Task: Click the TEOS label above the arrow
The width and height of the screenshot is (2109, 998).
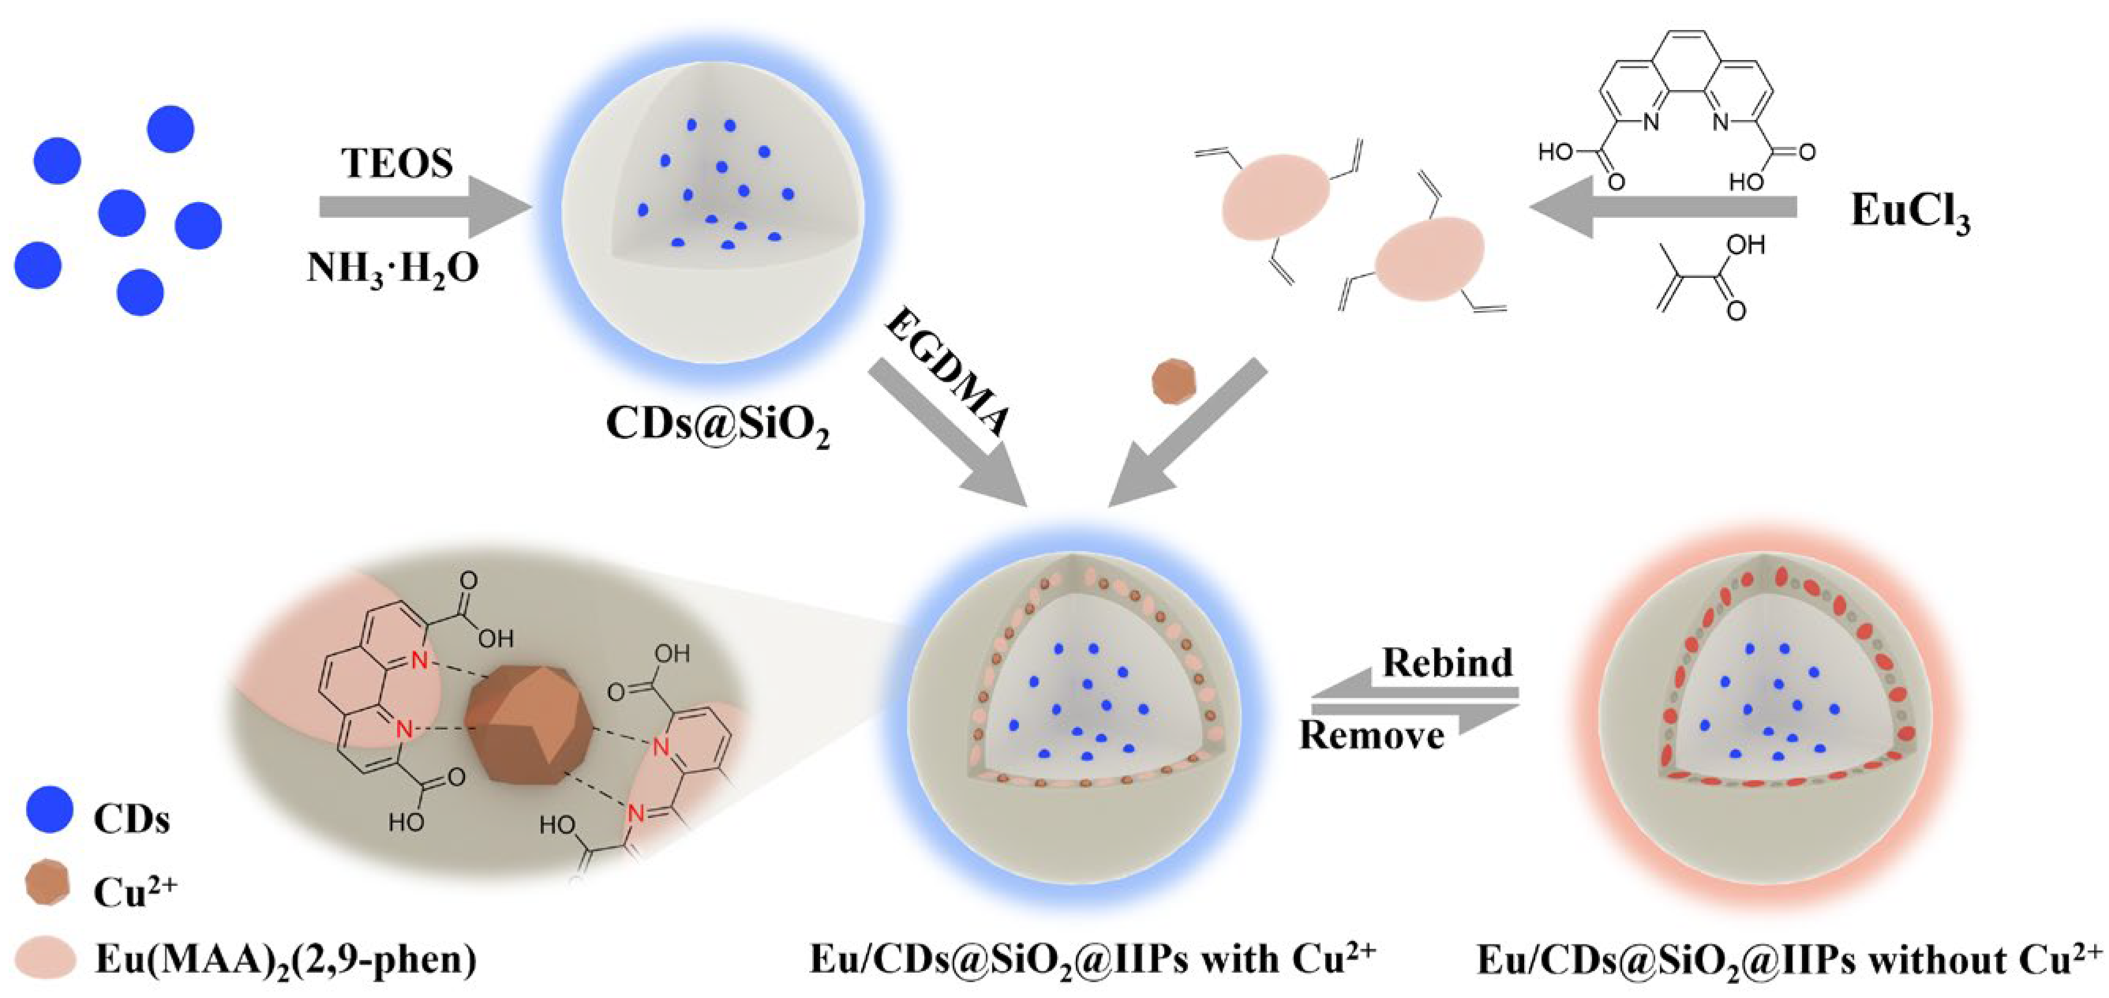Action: point(397,163)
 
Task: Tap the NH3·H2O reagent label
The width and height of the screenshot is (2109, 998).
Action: point(392,268)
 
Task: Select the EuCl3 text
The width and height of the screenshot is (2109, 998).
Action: point(1910,213)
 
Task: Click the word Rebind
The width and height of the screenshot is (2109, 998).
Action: point(1447,662)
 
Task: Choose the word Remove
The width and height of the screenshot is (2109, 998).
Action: point(1371,734)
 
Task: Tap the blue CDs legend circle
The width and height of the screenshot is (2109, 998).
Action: point(49,810)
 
